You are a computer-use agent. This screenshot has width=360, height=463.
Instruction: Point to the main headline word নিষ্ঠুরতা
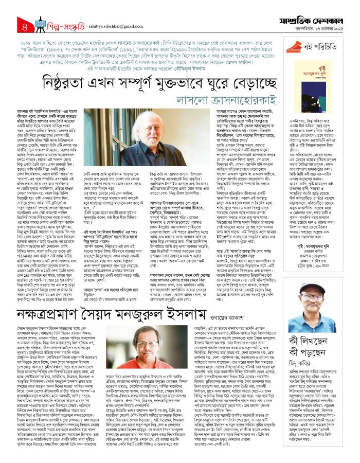point(77,86)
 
